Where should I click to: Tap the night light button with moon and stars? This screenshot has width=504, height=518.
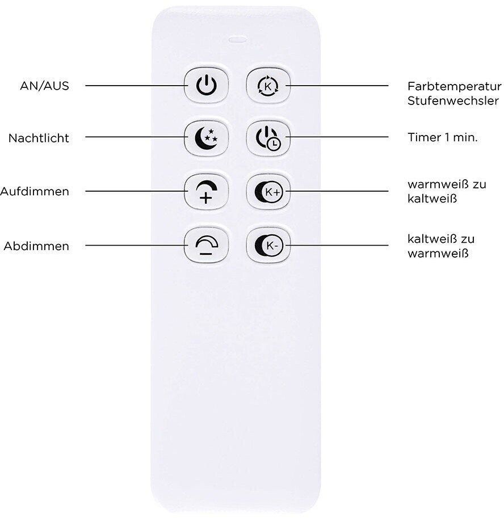[206, 138]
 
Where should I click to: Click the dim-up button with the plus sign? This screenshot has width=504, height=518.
[206, 191]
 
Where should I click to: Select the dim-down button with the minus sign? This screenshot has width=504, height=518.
[206, 246]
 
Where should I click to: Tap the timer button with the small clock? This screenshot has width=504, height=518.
[268, 138]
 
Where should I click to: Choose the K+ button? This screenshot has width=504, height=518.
[268, 191]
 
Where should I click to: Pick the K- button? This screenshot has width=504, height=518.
[268, 246]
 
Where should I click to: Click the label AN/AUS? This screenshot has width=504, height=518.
[44, 86]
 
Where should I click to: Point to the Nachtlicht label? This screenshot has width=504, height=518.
[39, 138]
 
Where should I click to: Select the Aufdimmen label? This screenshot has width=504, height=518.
[35, 191]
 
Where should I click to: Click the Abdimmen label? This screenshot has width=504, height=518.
[36, 246]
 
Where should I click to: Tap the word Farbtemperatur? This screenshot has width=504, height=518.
[454, 86]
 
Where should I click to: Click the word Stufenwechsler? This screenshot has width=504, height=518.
[452, 101]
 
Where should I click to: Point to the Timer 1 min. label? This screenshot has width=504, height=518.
[442, 138]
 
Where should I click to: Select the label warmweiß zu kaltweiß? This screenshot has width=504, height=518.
[447, 192]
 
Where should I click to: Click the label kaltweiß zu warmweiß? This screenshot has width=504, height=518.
[447, 246]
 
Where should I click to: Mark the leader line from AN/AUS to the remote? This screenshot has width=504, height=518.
[136, 86]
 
